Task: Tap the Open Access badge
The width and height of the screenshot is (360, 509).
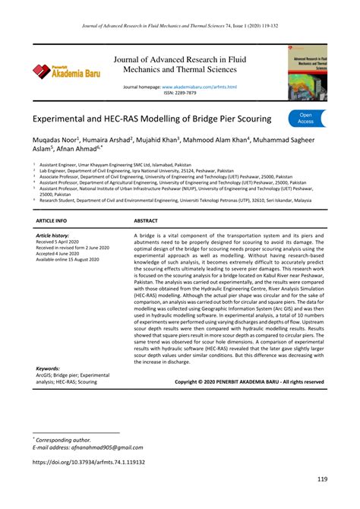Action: point(305,117)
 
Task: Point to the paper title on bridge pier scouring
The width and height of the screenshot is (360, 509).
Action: point(152,120)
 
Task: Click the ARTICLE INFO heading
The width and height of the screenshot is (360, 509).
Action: point(51,220)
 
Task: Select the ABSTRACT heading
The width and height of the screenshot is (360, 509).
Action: point(146,220)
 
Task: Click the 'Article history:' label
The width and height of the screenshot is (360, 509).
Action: point(52,236)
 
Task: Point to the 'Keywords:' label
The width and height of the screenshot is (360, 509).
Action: point(48,368)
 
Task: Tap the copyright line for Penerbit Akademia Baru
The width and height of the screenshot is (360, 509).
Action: point(249,381)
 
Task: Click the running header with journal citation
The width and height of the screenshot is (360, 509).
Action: point(179,25)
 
